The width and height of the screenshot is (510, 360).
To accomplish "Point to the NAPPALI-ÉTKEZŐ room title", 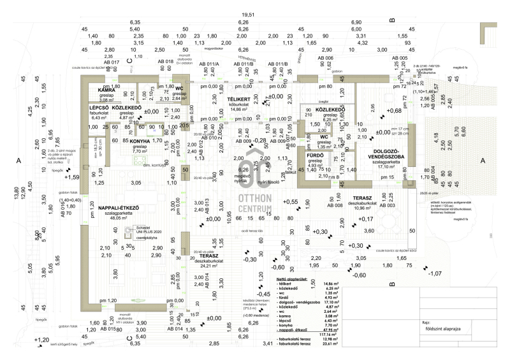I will (x=119, y=207).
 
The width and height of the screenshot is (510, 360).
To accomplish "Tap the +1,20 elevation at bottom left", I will (x=41, y=340).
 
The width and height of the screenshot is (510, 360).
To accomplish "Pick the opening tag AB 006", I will (x=325, y=58).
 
